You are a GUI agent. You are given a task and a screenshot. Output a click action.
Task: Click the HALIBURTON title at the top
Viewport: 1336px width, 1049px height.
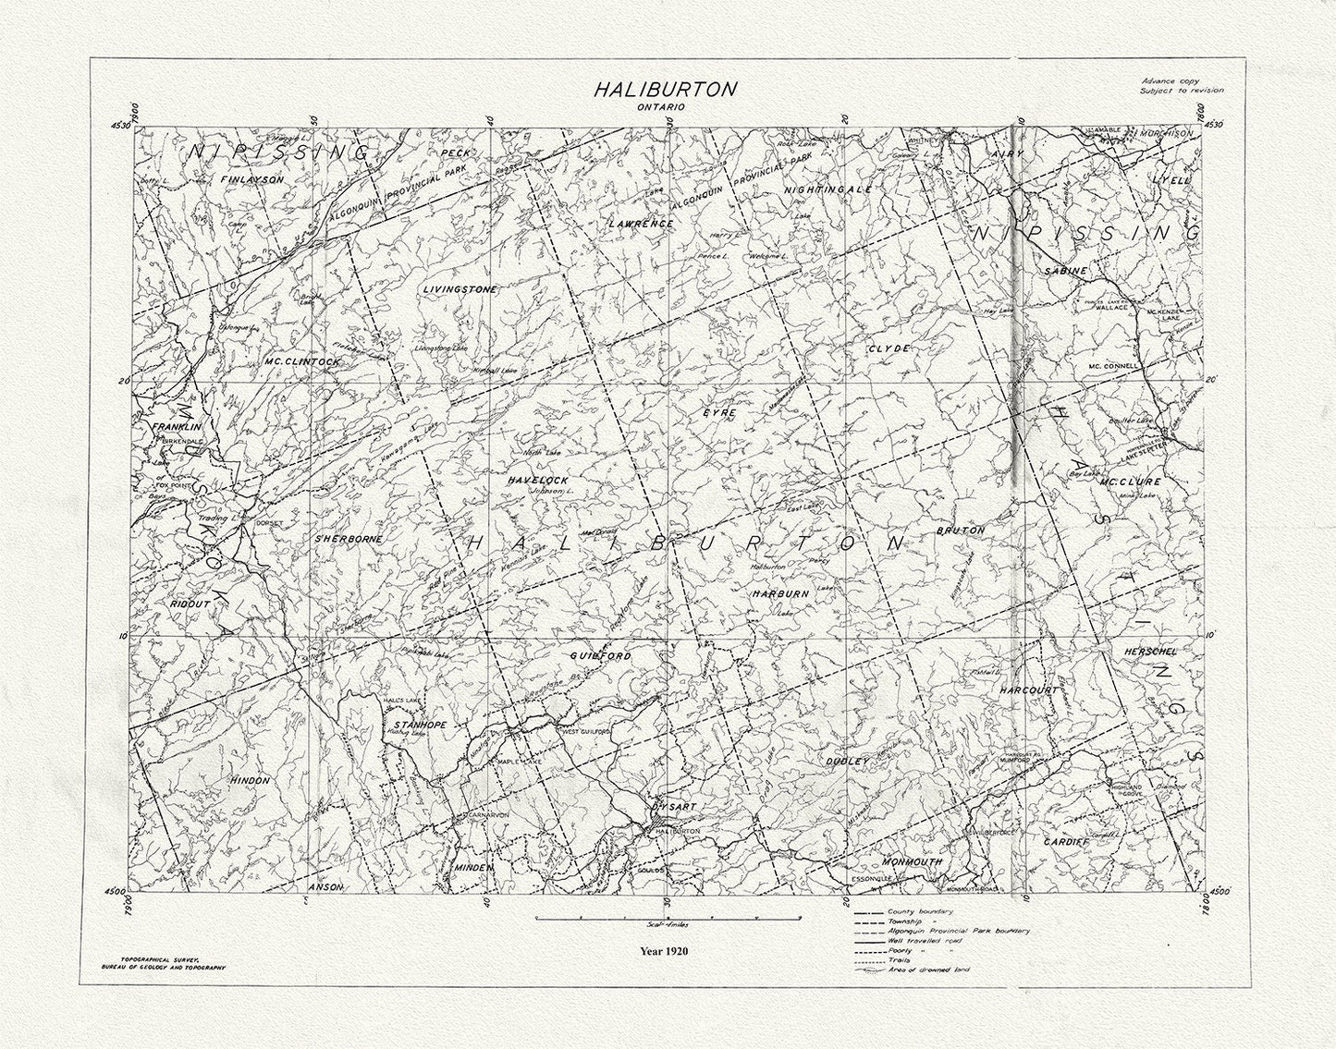tap(665, 90)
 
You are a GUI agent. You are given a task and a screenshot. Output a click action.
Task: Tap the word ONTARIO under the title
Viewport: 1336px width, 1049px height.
tap(665, 108)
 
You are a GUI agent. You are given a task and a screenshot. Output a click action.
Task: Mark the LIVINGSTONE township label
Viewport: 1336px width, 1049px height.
tap(460, 289)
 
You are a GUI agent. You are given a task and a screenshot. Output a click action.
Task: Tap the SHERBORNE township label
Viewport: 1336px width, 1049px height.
tap(342, 538)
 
